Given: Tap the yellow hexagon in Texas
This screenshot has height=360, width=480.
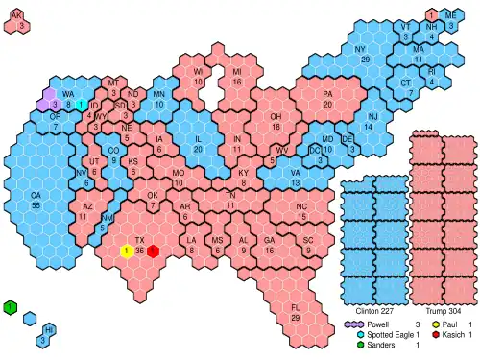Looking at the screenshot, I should pyautogui.click(x=127, y=251).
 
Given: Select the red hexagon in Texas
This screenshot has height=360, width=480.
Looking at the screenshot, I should pyautogui.click(x=153, y=251).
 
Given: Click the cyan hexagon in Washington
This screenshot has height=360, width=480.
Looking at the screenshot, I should pyautogui.click(x=83, y=104).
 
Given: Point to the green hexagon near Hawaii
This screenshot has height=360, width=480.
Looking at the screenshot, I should pyautogui.click(x=10, y=307).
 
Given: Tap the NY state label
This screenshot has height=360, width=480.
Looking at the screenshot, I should pyautogui.click(x=360, y=49).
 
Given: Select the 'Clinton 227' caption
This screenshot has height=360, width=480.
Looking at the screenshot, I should pyautogui.click(x=374, y=311).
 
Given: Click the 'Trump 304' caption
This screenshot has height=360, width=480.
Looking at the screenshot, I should pyautogui.click(x=443, y=311).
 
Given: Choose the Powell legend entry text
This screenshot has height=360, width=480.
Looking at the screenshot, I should pyautogui.click(x=374, y=324).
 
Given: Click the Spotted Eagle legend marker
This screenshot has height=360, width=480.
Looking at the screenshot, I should pyautogui.click(x=349, y=334).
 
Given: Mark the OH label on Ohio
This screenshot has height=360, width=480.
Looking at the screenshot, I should pyautogui.click(x=276, y=116).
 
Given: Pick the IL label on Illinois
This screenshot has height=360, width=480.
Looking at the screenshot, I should pyautogui.click(x=198, y=138).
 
